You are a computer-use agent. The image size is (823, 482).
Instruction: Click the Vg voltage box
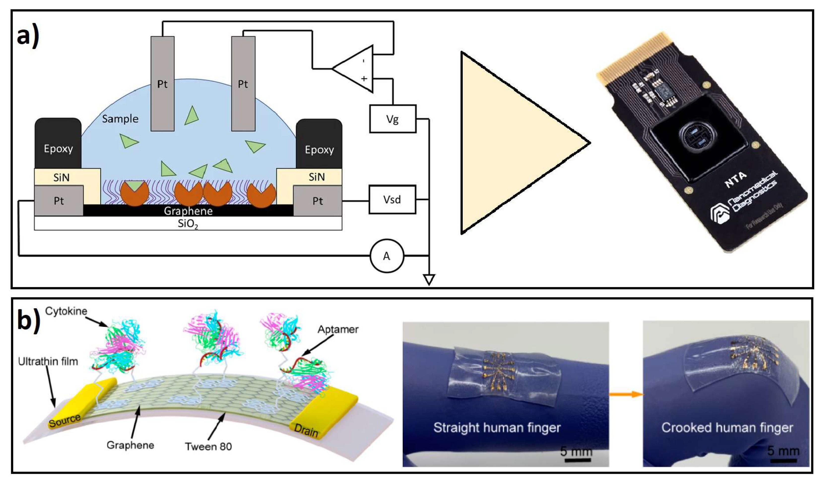click(393, 119)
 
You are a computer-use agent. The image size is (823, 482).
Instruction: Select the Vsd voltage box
click(392, 199)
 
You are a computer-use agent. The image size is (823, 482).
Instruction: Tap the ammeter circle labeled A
click(387, 256)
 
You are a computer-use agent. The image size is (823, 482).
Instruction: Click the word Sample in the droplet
click(120, 119)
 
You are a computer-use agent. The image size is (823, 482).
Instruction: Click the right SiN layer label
click(316, 177)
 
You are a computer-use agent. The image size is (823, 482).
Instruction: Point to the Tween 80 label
click(208, 446)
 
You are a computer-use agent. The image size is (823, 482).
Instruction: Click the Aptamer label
click(338, 329)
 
